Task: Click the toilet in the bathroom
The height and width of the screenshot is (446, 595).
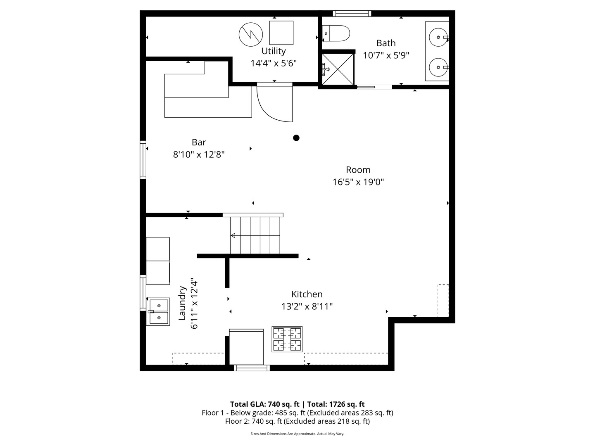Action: pyautogui.click(x=337, y=33)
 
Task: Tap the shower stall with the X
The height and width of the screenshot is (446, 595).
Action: pyautogui.click(x=338, y=69)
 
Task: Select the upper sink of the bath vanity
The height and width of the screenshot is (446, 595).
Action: pyautogui.click(x=438, y=38)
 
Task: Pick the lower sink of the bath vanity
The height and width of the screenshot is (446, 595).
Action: pyautogui.click(x=438, y=67)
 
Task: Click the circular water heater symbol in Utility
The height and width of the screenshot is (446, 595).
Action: pyautogui.click(x=251, y=34)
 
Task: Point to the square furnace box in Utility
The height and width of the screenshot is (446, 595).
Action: pyautogui.click(x=281, y=33)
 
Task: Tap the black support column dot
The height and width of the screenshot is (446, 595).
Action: pyautogui.click(x=296, y=138)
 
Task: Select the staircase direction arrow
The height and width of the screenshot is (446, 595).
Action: pyautogui.click(x=233, y=235)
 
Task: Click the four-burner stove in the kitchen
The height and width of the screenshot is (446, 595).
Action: pyautogui.click(x=287, y=339)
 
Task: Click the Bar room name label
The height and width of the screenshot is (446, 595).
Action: pyautogui.click(x=199, y=142)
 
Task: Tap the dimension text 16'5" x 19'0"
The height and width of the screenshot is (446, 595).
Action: pyautogui.click(x=358, y=182)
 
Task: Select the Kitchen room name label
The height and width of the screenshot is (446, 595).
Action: pyautogui.click(x=307, y=294)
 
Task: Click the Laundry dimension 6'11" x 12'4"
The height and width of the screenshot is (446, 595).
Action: pyautogui.click(x=194, y=304)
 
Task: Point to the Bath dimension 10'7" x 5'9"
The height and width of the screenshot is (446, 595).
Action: pyautogui.click(x=386, y=55)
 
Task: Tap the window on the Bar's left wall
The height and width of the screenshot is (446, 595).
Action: pyautogui.click(x=143, y=159)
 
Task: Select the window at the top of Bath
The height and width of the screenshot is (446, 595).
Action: pyautogui.click(x=352, y=14)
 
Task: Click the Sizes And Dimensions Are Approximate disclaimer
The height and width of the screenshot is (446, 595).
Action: pyautogui.click(x=297, y=434)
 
